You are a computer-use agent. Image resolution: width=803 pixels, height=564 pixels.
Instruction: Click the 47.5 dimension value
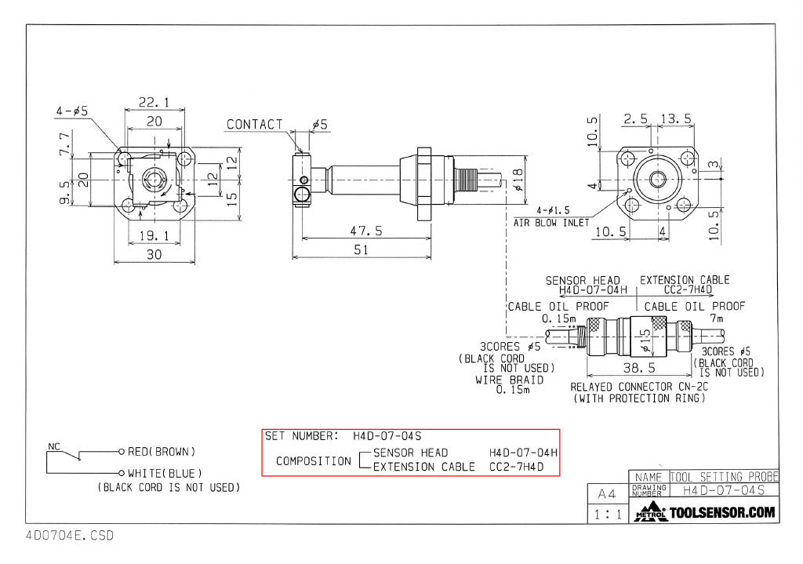pyautogui.click(x=366, y=231)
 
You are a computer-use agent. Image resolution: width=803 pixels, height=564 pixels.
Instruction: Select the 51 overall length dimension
pyautogui.click(x=362, y=249)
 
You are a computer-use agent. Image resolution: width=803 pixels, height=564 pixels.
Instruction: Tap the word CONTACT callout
pyautogui.click(x=255, y=125)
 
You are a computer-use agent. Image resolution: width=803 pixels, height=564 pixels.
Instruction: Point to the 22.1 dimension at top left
pyautogui.click(x=154, y=103)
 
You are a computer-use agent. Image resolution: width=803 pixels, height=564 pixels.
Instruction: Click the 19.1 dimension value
pyautogui.click(x=154, y=235)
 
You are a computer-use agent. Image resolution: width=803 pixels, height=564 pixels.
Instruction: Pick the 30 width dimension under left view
pyautogui.click(x=154, y=255)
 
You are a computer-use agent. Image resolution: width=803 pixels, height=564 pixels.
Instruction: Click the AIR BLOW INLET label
pyautogui.click(x=551, y=223)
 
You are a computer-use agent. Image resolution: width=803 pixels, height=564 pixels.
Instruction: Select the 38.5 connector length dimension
pyautogui.click(x=638, y=368)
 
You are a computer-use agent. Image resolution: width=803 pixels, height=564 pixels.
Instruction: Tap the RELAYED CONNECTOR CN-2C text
pyautogui.click(x=639, y=387)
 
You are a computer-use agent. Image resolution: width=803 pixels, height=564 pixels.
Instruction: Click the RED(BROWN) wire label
pyautogui.click(x=162, y=452)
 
